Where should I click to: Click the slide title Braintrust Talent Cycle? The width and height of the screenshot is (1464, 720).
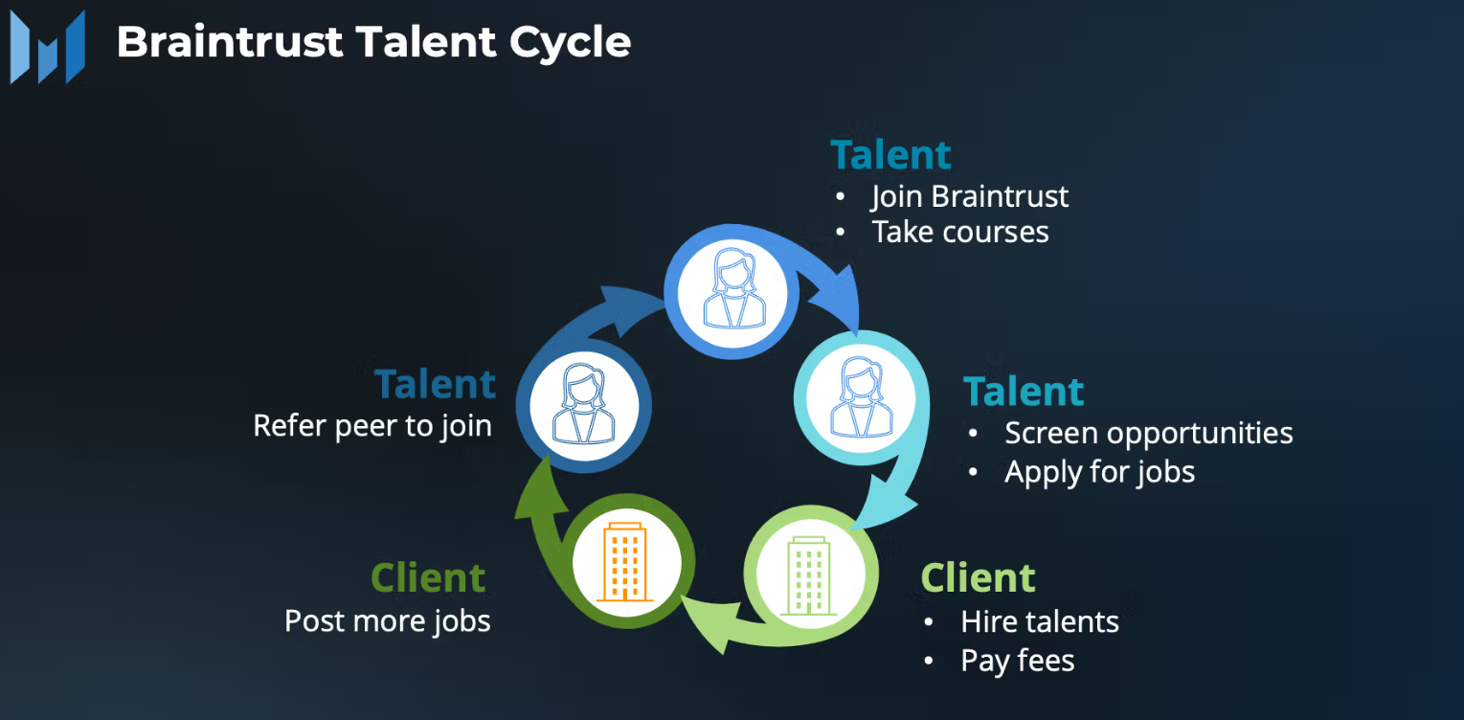pyautogui.click(x=373, y=42)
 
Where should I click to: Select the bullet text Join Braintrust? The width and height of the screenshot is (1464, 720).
pyautogui.click(x=969, y=196)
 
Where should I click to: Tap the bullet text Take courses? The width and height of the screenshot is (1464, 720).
pyautogui.click(x=959, y=232)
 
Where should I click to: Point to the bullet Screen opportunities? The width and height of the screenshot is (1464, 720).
pyautogui.click(x=1148, y=433)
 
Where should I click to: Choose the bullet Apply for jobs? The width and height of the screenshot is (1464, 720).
pyautogui.click(x=1099, y=471)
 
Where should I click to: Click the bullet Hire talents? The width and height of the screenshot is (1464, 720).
pyautogui.click(x=1039, y=621)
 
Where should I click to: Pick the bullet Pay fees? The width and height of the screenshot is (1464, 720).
pyautogui.click(x=1017, y=661)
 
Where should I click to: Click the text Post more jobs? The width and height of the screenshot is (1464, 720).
pyautogui.click(x=388, y=620)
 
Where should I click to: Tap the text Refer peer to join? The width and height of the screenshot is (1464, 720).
pyautogui.click(x=372, y=425)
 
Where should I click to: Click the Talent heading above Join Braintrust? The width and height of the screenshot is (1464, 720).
pyautogui.click(x=890, y=155)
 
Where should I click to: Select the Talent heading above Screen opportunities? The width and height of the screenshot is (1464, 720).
pyautogui.click(x=1024, y=392)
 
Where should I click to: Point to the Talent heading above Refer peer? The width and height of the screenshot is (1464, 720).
pyautogui.click(x=436, y=384)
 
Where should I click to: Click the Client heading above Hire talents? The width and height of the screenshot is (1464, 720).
pyautogui.click(x=978, y=578)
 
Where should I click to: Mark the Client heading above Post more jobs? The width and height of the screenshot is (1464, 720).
pyautogui.click(x=428, y=578)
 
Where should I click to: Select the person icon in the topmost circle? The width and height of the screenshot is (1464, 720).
pyautogui.click(x=732, y=288)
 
